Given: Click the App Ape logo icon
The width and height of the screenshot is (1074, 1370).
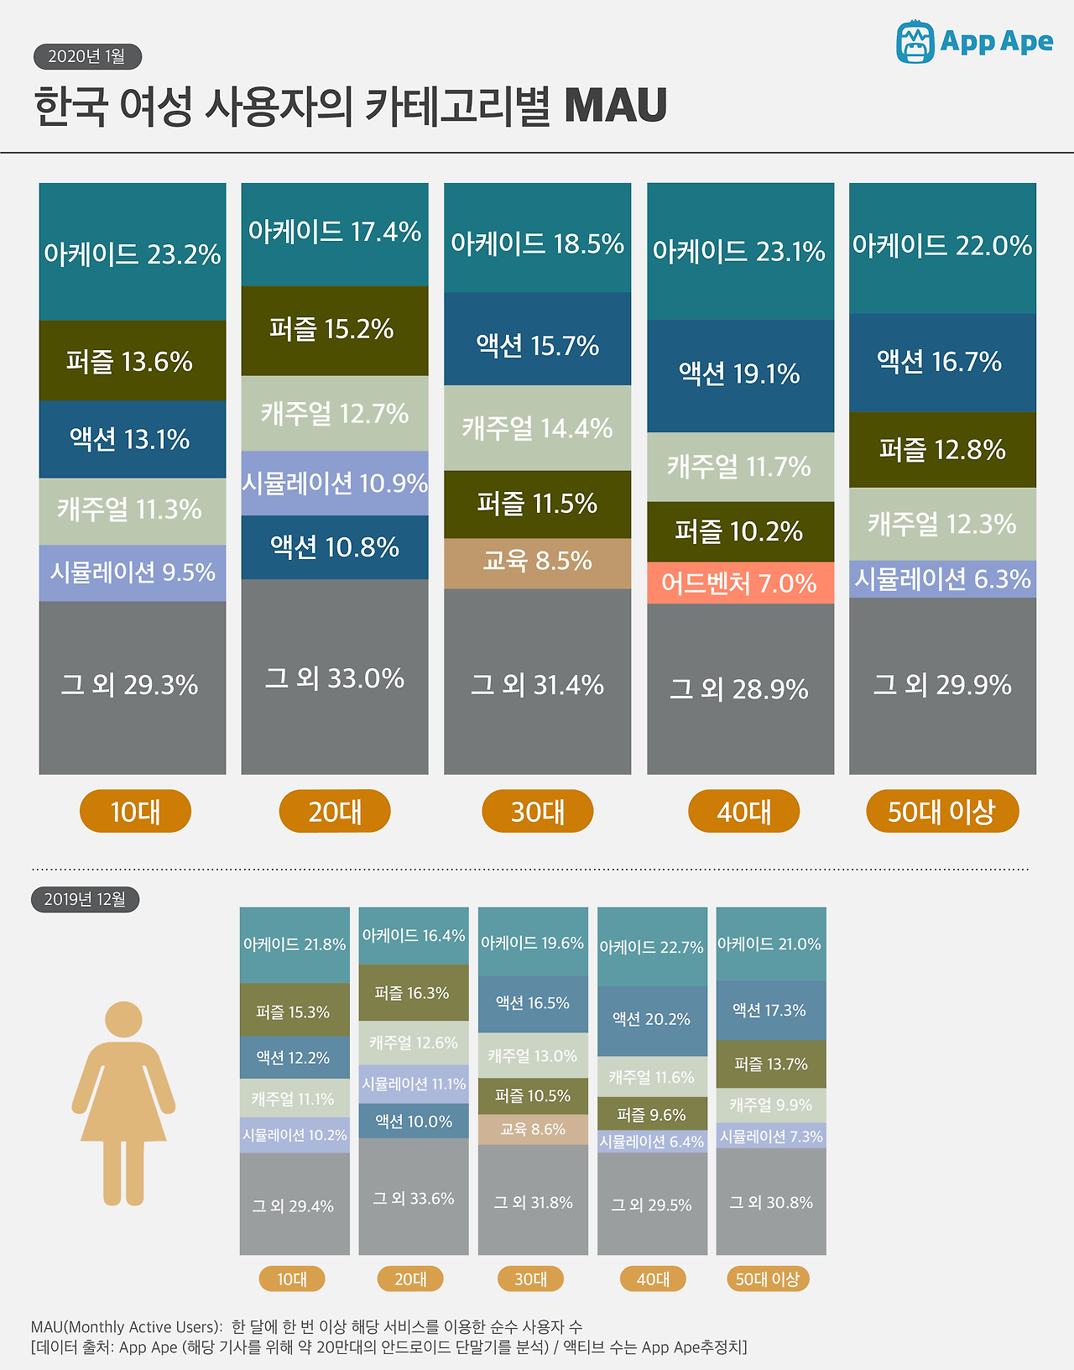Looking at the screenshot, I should [x=915, y=42].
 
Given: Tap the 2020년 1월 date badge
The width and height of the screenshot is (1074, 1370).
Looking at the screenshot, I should [x=87, y=56].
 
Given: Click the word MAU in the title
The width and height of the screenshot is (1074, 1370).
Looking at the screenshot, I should [x=615, y=106].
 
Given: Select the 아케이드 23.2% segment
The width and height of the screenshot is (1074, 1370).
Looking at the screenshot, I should [x=133, y=253].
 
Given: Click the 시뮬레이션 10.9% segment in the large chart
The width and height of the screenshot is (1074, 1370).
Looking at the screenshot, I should [x=335, y=484].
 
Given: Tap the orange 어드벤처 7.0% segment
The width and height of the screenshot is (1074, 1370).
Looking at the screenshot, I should [x=740, y=583].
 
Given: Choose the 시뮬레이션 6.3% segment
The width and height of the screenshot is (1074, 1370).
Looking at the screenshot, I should [x=942, y=579].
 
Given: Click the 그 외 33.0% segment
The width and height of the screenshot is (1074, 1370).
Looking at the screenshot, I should [x=335, y=677].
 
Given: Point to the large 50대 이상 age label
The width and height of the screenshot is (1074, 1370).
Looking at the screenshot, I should [x=942, y=811].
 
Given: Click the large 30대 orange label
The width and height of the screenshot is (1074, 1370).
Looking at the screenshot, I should [x=537, y=811].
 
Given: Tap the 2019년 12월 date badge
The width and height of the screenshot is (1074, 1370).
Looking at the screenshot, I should [x=86, y=899].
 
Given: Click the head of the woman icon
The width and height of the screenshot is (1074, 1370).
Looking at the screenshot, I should [x=123, y=1019].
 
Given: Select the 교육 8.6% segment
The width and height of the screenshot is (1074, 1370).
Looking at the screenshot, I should [x=533, y=1130].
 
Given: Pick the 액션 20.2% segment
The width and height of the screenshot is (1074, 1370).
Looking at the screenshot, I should [x=652, y=1020].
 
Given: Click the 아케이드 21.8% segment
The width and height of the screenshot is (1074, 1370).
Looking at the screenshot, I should [x=295, y=944].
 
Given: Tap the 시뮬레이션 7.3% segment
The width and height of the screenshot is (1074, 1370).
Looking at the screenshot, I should [x=771, y=1136].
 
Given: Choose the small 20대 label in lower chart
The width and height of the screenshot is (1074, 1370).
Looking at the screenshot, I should [x=410, y=1278].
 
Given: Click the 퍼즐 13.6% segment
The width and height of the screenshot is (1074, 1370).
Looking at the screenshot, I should [x=133, y=361].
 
